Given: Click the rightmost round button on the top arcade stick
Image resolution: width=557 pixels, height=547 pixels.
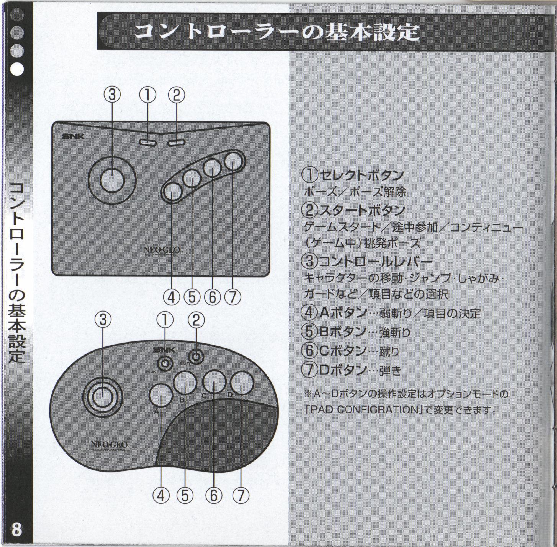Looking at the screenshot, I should click(234, 162).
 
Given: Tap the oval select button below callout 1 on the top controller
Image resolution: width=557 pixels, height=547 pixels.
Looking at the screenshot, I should click(147, 142).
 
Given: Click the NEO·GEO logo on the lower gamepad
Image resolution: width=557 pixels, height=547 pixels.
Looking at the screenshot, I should click(110, 445).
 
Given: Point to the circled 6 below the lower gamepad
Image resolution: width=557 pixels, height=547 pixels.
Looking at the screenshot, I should click(214, 496).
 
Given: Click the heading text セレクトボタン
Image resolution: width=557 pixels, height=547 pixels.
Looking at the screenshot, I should click(362, 175).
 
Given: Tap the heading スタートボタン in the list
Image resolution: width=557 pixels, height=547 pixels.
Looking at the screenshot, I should click(362, 210).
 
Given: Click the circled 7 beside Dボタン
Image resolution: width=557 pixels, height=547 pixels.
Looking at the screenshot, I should click(309, 369).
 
